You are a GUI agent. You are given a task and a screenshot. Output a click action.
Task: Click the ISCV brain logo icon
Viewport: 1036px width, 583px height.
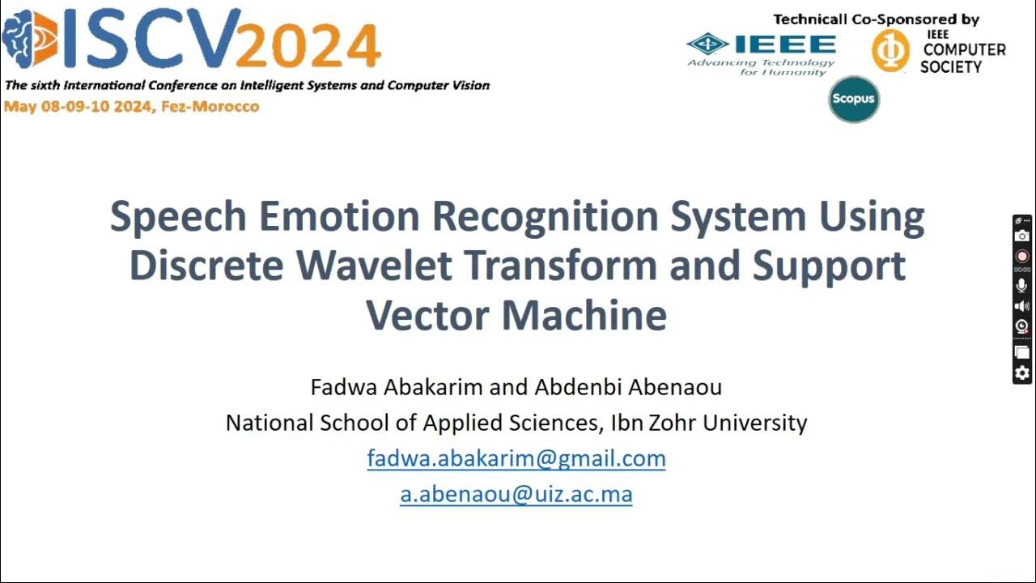(29, 39)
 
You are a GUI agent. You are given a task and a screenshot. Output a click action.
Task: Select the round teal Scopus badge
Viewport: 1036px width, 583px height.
(853, 99)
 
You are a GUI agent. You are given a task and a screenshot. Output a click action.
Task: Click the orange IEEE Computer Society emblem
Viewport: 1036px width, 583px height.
(890, 50)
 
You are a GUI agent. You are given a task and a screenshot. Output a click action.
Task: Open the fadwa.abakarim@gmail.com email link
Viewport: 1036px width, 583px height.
(516, 458)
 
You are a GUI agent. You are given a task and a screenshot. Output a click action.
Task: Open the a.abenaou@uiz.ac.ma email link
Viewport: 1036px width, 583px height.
(516, 494)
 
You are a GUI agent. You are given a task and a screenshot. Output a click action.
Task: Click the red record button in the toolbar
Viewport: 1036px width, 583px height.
(1022, 256)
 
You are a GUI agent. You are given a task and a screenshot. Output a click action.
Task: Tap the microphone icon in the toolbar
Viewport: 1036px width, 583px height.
(1022, 285)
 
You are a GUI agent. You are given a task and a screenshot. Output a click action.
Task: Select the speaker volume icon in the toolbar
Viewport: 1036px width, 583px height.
(1022, 306)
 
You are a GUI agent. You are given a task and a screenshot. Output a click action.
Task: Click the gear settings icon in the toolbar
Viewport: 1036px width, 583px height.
(1022, 373)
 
